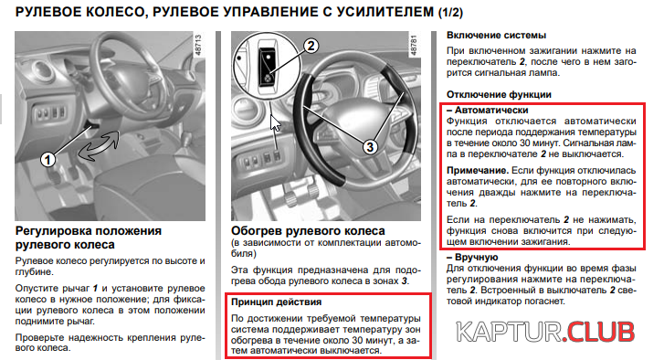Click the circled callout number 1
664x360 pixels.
click(47, 159)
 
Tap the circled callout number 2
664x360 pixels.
click(311, 46)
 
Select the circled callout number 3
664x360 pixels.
click(370, 147)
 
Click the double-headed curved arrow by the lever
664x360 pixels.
click(99, 146)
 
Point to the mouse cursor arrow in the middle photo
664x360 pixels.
click(275, 123)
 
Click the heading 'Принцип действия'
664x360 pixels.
click(276, 302)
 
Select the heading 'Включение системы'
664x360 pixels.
click(496, 35)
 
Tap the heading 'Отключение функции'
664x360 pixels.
click(499, 94)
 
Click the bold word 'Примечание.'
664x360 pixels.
click(478, 170)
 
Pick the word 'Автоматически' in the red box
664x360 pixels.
click(491, 111)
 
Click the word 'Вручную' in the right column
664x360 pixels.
click(477, 257)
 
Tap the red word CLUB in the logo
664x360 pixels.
click(600, 332)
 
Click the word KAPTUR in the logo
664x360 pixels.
click(509, 332)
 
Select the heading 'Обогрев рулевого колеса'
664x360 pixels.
click(308, 231)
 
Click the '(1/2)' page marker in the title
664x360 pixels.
click(450, 12)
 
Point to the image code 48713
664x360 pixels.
click(198, 45)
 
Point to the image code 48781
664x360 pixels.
click(414, 45)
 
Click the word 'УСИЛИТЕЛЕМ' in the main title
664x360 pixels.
click(385, 12)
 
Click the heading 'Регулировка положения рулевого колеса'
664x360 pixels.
click(89, 238)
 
